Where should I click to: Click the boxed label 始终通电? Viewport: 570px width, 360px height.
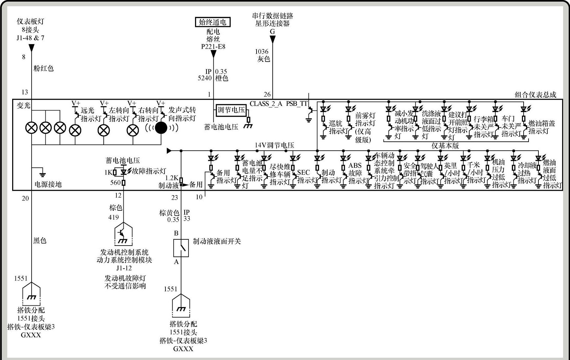click(x=213, y=22)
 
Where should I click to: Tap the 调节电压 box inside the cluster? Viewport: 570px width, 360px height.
click(x=231, y=110)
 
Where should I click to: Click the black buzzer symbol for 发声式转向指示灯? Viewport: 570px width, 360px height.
click(x=161, y=128)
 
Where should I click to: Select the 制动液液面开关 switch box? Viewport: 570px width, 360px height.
click(x=181, y=248)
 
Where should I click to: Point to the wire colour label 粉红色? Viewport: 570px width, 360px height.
click(x=43, y=68)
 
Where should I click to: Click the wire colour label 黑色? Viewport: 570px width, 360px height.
click(x=40, y=241)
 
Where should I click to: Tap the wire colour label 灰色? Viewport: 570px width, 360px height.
click(x=263, y=59)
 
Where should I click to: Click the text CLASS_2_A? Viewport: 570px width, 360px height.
click(x=266, y=104)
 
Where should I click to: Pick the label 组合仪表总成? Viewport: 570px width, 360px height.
click(x=535, y=95)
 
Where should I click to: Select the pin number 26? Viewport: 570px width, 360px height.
click(x=267, y=95)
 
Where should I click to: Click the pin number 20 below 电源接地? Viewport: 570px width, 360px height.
click(x=25, y=198)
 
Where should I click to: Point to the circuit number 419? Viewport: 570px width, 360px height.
click(x=114, y=217)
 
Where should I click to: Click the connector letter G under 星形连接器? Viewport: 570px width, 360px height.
click(x=272, y=32)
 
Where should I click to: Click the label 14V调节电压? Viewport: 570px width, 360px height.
click(x=274, y=145)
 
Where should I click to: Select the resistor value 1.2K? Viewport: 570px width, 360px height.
click(x=171, y=178)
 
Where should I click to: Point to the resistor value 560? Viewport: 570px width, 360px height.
click(x=115, y=182)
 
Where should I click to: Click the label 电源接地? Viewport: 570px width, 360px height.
click(x=48, y=184)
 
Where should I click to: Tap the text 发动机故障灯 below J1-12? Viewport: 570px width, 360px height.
click(x=125, y=278)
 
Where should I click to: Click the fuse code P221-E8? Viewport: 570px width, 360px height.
click(x=213, y=47)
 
